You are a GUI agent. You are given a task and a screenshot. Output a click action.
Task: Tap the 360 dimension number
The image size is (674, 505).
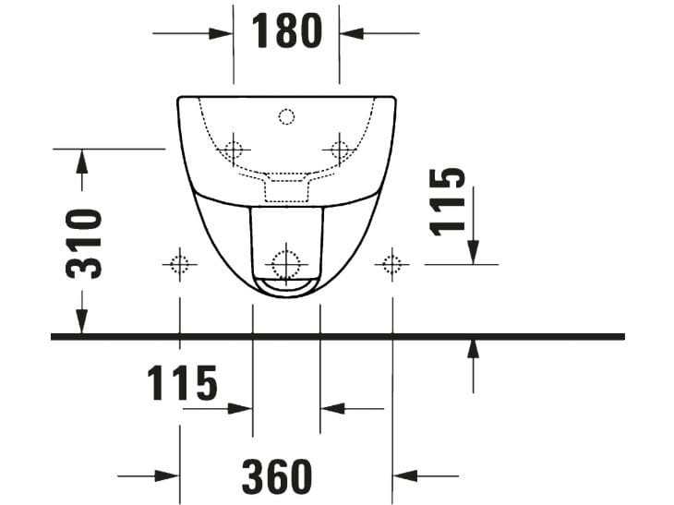[x=276, y=476]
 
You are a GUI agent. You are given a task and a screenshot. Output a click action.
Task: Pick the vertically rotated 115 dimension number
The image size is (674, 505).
[x=449, y=201]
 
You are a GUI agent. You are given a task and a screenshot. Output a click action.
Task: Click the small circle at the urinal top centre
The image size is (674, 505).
[x=286, y=116]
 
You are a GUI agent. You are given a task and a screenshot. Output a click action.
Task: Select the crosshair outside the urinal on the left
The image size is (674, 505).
[x=179, y=264]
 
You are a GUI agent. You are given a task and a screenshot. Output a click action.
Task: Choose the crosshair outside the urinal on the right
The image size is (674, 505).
[x=393, y=264]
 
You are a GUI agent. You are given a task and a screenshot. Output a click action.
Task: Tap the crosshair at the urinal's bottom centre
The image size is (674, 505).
[x=286, y=262]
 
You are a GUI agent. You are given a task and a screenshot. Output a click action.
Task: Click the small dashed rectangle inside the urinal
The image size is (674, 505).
[x=286, y=188]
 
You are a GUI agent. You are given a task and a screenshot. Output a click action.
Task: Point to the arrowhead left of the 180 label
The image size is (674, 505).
[x=222, y=33]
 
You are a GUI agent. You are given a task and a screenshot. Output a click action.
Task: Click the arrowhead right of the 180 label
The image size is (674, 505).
[x=352, y=33]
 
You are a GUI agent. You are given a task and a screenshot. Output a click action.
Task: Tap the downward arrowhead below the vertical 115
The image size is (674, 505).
[x=473, y=251]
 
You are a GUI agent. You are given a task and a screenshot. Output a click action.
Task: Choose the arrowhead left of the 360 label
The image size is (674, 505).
[x=167, y=476]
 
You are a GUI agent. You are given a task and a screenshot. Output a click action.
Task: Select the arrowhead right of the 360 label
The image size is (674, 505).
[x=405, y=476]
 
